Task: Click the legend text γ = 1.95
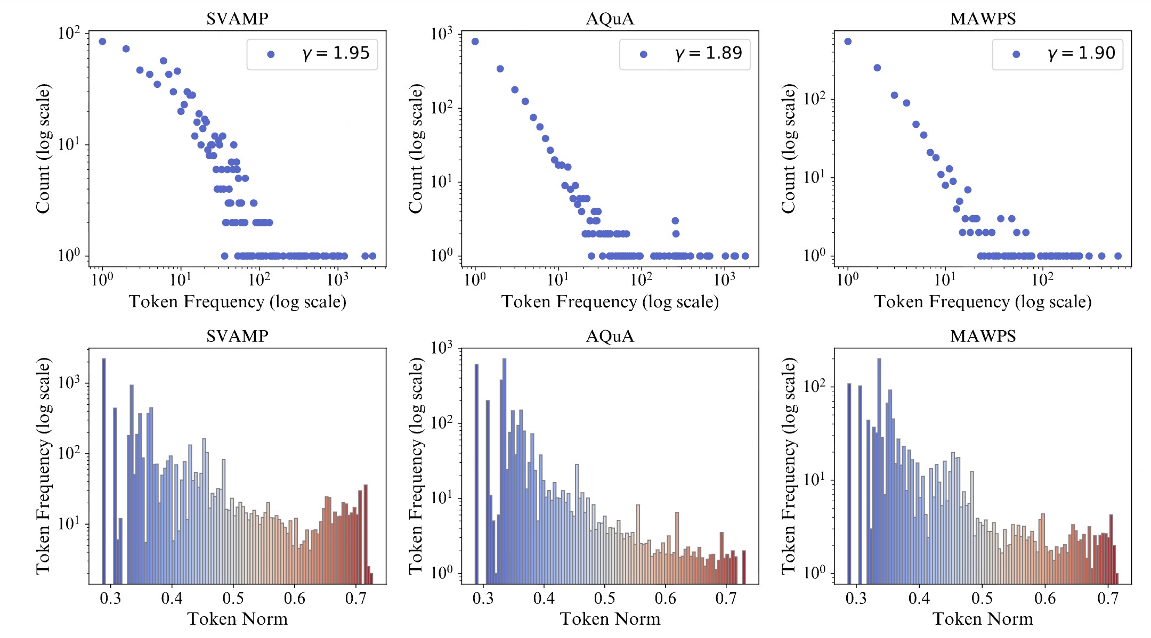click(336, 53)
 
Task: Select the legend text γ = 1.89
click(708, 53)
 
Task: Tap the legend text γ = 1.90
click(1081, 53)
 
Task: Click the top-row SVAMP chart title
click(237, 19)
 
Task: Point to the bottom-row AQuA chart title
click(610, 336)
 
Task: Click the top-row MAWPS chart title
click(983, 19)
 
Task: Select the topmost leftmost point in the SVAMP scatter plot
click(102, 42)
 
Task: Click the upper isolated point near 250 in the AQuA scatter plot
click(675, 220)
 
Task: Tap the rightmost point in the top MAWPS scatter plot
click(1118, 256)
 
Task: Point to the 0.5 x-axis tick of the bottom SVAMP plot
click(233, 599)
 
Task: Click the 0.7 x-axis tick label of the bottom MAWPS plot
click(1107, 599)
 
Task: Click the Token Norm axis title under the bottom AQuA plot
click(610, 619)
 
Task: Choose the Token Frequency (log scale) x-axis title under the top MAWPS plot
click(983, 302)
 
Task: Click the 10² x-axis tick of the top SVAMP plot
click(260, 279)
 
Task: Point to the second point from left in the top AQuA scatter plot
click(500, 69)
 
